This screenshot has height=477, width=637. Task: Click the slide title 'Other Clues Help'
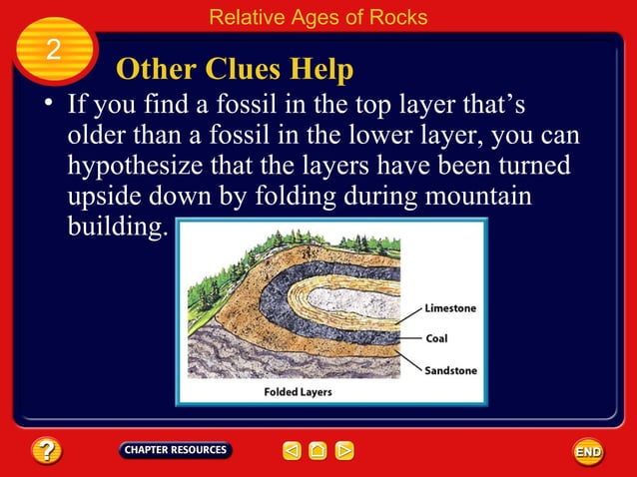click(235, 70)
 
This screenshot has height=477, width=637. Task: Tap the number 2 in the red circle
click(54, 51)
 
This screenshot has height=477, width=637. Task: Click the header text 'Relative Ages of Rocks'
click(318, 17)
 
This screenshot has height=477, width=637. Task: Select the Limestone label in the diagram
click(451, 309)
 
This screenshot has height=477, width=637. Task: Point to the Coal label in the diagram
click(436, 338)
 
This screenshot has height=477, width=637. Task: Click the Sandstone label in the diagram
click(451, 370)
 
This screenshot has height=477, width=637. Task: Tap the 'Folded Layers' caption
click(298, 392)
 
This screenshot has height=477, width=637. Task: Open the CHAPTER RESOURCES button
click(176, 450)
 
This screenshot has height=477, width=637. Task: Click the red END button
click(588, 452)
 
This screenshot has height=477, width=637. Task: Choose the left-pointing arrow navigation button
click(292, 451)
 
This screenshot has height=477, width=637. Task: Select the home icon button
click(318, 451)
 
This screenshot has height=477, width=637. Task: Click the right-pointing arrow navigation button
click(343, 451)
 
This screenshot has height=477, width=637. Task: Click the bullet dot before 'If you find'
click(46, 105)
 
